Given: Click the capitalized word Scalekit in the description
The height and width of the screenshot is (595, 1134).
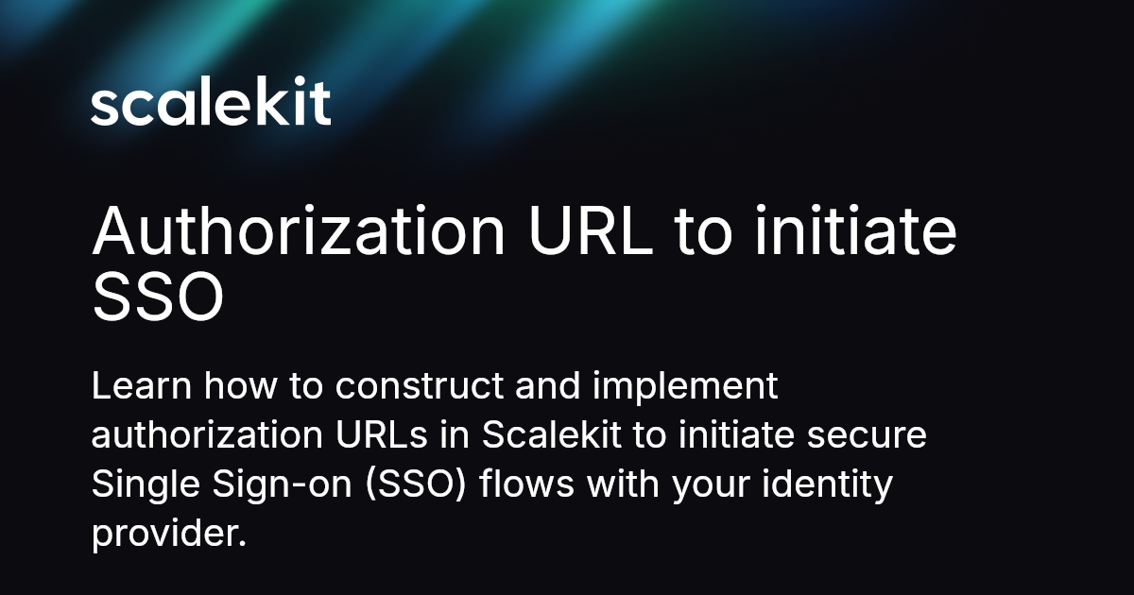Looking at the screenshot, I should [x=546, y=435].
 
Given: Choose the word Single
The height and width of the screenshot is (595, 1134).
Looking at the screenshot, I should [x=137, y=485].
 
